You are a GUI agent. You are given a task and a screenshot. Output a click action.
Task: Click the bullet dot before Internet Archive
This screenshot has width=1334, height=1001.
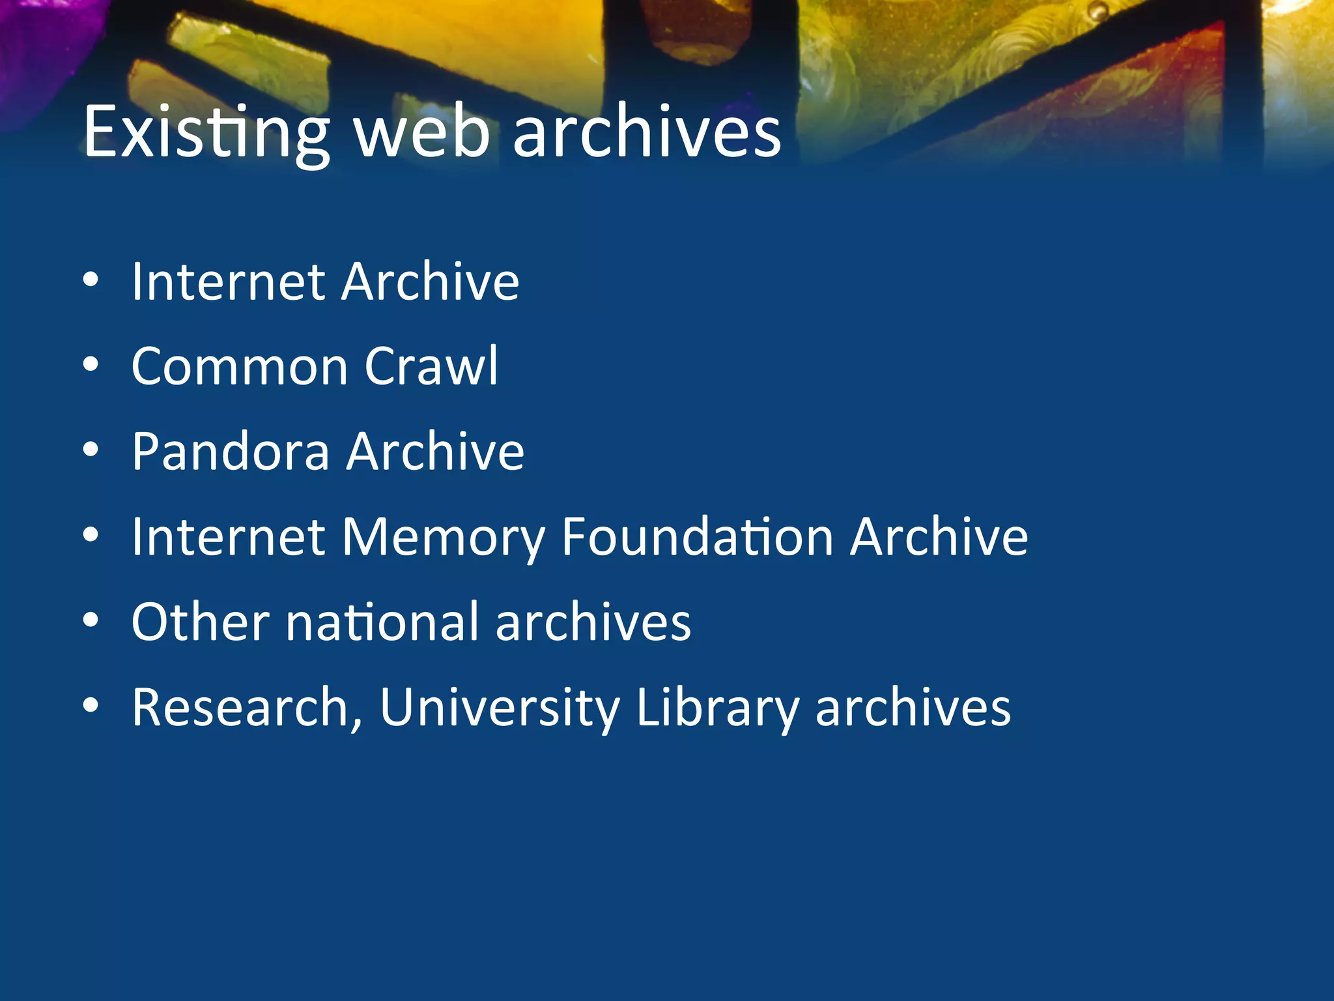(x=91, y=280)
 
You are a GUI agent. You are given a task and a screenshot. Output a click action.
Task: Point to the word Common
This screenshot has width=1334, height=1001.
(x=240, y=366)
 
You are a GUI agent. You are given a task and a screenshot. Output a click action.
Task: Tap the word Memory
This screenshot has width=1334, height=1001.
(x=443, y=538)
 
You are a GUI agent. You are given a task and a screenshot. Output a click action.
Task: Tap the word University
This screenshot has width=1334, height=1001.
(x=500, y=708)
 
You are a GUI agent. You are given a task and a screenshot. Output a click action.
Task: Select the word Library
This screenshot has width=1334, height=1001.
(x=717, y=708)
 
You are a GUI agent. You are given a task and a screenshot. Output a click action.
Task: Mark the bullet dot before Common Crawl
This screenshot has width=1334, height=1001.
(x=91, y=366)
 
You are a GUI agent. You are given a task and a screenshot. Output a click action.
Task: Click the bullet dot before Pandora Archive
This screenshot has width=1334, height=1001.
(x=91, y=450)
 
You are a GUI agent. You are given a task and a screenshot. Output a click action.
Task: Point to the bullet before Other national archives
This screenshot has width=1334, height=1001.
(x=91, y=621)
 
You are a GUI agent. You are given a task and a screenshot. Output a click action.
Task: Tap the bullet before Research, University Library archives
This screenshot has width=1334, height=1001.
(x=91, y=706)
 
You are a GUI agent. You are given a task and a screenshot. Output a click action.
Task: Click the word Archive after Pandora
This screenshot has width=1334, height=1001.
(x=435, y=451)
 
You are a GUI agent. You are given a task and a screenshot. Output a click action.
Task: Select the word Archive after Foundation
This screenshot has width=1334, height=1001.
(x=939, y=536)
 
